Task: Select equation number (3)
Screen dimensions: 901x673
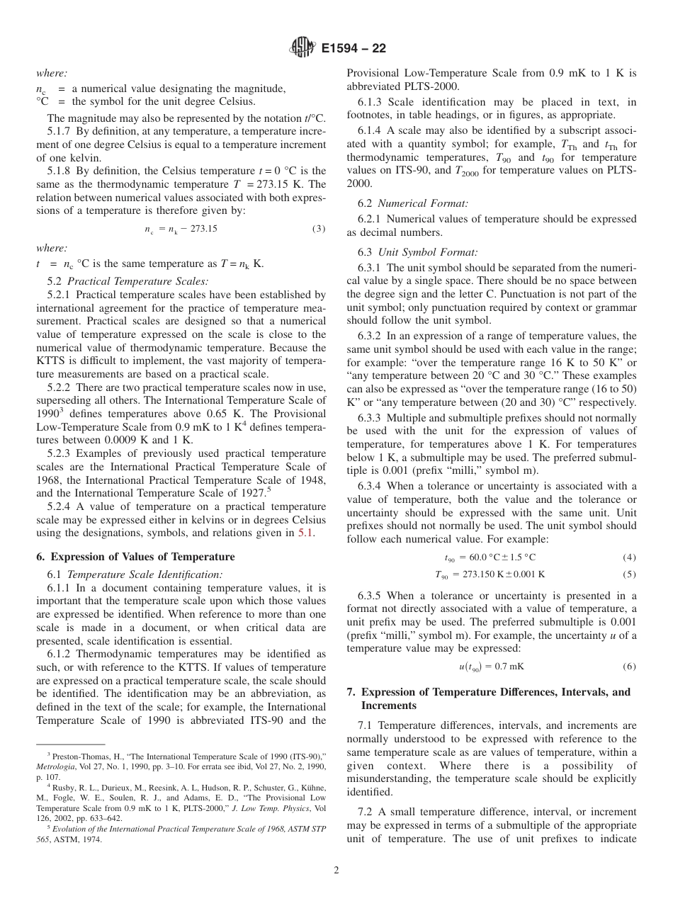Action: pos(319,229)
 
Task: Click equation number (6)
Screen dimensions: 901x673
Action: pos(629,667)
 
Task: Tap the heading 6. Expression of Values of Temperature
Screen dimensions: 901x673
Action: pos(135,557)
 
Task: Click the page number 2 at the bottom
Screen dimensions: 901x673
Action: pos(336,871)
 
